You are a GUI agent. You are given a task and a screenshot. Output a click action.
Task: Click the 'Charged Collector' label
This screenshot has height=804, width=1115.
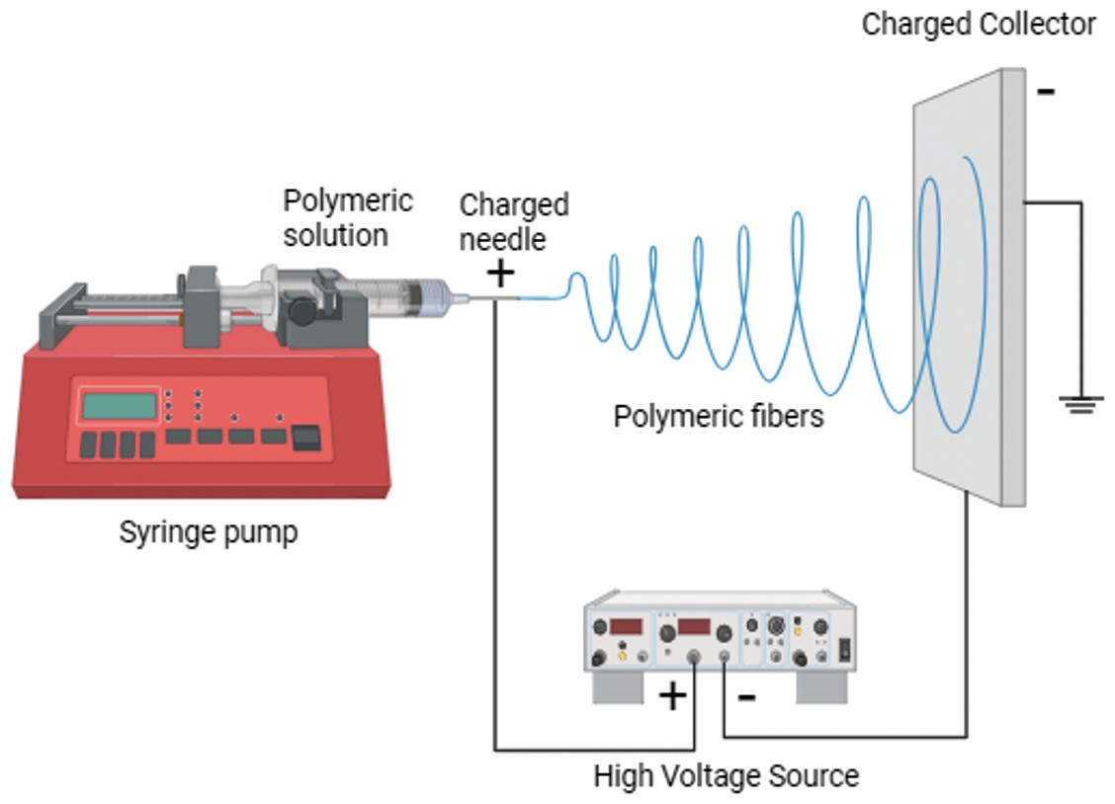coord(978,24)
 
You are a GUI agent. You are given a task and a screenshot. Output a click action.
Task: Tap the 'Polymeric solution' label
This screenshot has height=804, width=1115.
coord(347,217)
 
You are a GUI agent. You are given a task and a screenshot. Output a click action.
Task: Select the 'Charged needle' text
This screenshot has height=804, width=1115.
coord(514,221)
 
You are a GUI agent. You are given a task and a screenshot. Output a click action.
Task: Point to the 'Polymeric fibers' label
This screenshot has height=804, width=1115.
coord(718,416)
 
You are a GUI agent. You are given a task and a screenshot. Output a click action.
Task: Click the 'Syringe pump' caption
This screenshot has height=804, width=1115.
coord(209,532)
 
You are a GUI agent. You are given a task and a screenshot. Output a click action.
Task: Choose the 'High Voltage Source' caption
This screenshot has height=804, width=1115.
coord(726,775)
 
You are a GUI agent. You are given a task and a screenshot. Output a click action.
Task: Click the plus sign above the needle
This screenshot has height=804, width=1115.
coord(501,273)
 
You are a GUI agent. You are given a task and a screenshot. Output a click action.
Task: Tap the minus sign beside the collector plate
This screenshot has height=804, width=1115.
coord(1046,93)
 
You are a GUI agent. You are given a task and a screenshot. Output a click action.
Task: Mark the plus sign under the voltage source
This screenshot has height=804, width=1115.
coord(672,696)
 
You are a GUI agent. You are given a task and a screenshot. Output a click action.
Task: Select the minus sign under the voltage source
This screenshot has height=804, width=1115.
coord(747,697)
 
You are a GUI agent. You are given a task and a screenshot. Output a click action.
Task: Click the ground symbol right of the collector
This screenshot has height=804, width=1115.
coord(1081,404)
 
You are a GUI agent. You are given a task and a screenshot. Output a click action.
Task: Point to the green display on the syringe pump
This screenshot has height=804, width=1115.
coord(119,406)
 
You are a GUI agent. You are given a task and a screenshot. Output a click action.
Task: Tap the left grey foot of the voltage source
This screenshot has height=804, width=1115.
coord(618,687)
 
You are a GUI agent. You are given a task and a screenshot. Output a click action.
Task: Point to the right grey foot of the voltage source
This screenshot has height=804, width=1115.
coord(821,687)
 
